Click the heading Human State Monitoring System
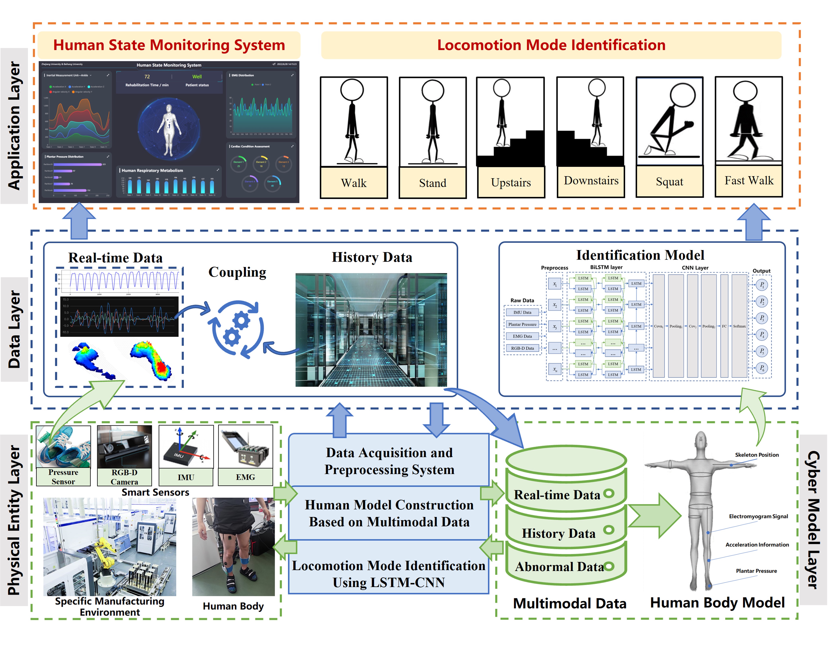169,45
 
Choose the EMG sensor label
245,477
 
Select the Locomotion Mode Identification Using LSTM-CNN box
389,574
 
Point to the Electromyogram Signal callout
758,516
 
